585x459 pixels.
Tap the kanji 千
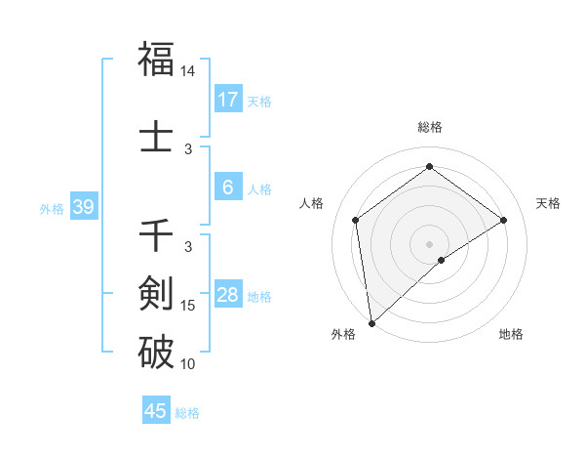[156, 236]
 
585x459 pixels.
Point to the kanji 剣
[156, 292]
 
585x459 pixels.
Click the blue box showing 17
[228, 100]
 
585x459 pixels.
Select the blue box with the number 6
[228, 188]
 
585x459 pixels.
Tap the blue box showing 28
[228, 295]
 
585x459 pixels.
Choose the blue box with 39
[83, 207]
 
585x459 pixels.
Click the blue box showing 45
[156, 411]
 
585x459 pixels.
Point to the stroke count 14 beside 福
[188, 72]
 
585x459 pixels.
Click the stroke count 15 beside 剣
[188, 306]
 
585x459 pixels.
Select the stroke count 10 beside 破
[188, 364]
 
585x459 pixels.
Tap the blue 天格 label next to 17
[259, 101]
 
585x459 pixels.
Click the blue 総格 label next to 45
[187, 413]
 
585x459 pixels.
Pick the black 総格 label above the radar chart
[429, 127]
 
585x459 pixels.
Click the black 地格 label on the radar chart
[511, 334]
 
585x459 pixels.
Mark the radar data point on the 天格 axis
[504, 220]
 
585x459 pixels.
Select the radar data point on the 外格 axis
[371, 322]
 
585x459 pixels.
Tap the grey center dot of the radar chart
[429, 243]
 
